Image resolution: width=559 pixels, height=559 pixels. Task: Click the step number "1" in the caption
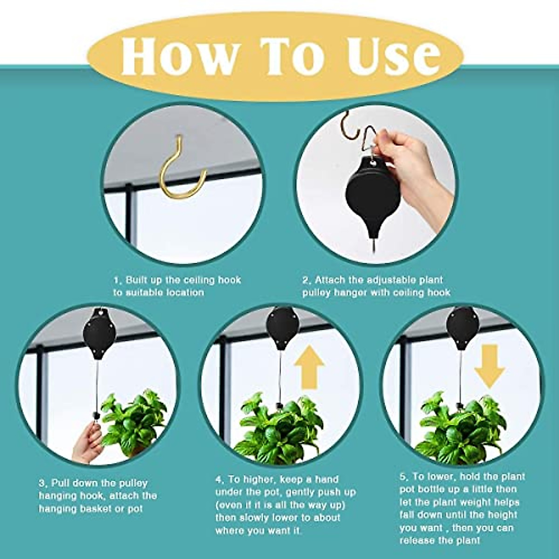tap(116, 280)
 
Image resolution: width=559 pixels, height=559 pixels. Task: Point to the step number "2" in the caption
tap(306, 280)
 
